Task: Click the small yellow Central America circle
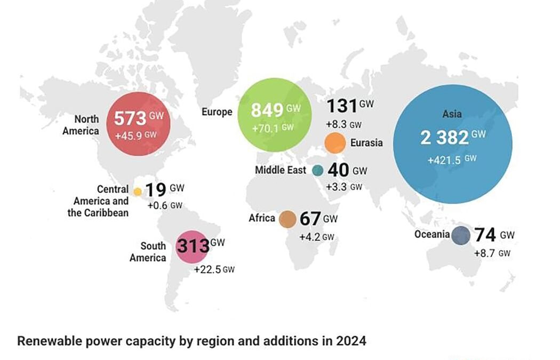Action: [x=138, y=191]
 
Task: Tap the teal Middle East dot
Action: [x=318, y=170]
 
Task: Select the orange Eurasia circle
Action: [x=335, y=142]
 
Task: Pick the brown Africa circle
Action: [x=287, y=219]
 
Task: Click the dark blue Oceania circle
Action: [x=461, y=235]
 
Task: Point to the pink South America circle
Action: [x=191, y=247]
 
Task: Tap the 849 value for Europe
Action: [x=267, y=110]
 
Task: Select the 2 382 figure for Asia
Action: [x=444, y=138]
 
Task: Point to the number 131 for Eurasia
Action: [x=341, y=106]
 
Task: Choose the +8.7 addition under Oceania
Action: [x=485, y=253]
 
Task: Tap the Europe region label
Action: [x=217, y=112]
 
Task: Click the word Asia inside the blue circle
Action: [x=452, y=114]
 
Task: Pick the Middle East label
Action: [x=281, y=170]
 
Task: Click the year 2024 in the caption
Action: [x=351, y=341]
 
